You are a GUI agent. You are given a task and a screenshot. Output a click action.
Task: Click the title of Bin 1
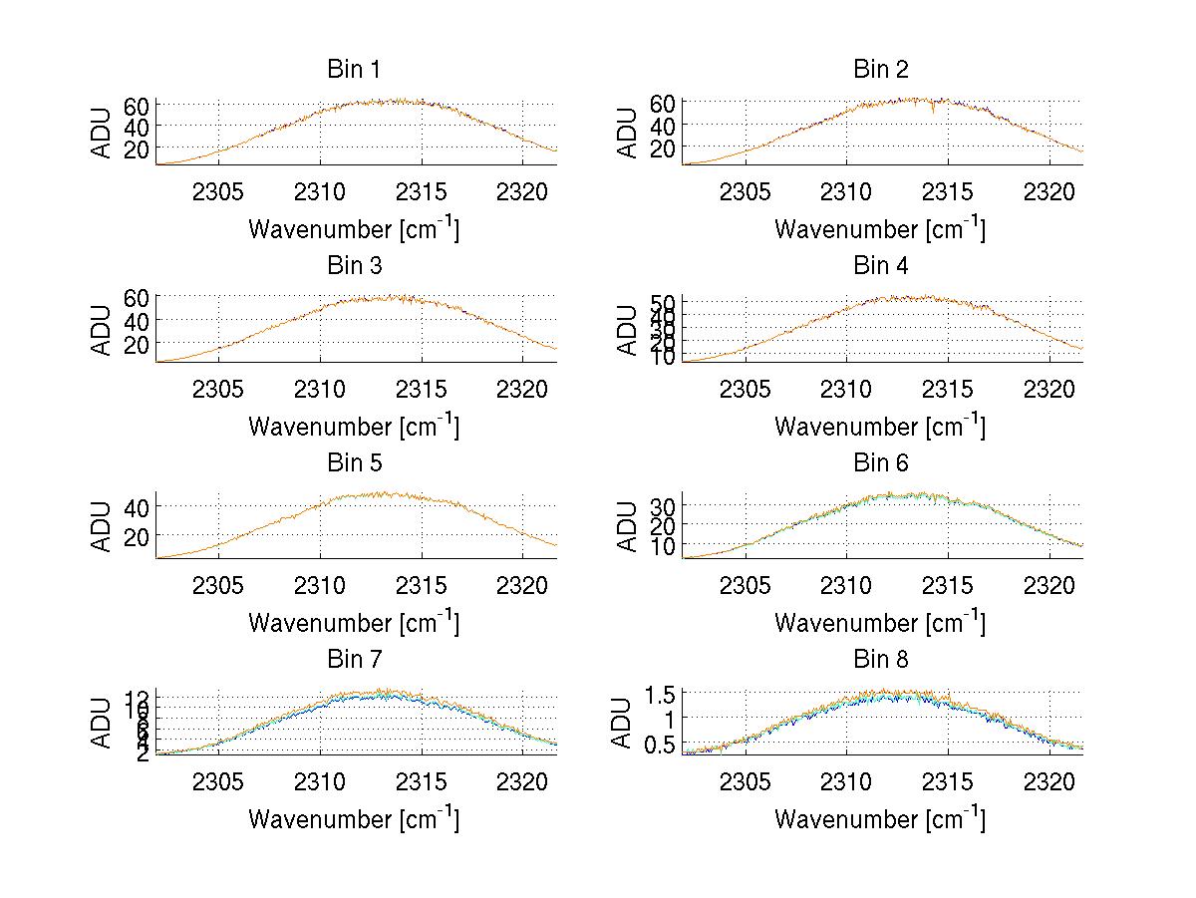pos(354,70)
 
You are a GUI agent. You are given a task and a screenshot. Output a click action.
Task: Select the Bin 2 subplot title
pos(881,70)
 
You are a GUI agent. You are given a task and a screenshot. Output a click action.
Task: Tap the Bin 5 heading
pos(354,463)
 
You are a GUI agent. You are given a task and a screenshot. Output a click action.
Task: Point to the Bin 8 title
pos(881,660)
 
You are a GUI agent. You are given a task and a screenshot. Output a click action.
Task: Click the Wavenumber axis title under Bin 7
pos(354,819)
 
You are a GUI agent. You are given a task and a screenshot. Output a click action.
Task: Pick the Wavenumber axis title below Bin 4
pos(880,427)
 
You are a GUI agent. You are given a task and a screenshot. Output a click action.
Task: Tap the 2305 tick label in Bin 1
pos(218,192)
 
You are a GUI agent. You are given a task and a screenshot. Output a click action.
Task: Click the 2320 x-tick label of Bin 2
pos(1049,192)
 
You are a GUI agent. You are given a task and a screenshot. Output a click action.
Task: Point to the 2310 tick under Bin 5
pos(321,586)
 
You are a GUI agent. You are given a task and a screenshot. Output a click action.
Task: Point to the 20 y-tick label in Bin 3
pos(137,344)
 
